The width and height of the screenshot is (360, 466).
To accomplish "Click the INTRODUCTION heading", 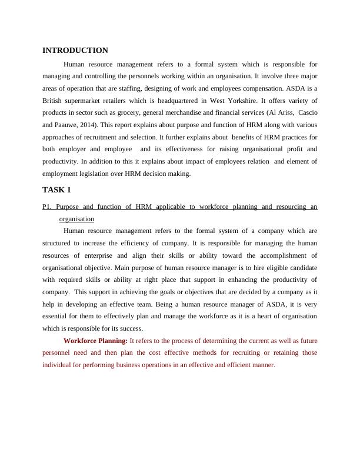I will (x=75, y=51).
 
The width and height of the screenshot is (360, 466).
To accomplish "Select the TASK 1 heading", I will (x=56, y=190).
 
